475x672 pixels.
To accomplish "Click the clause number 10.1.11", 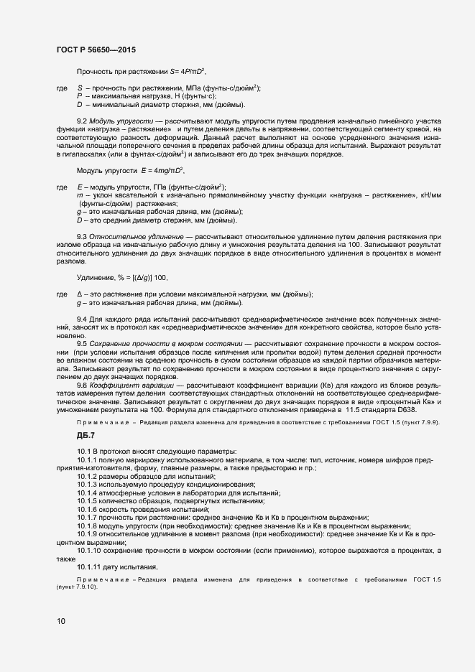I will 89,567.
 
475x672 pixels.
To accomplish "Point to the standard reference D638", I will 429,410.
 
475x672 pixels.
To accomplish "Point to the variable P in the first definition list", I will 79,95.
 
